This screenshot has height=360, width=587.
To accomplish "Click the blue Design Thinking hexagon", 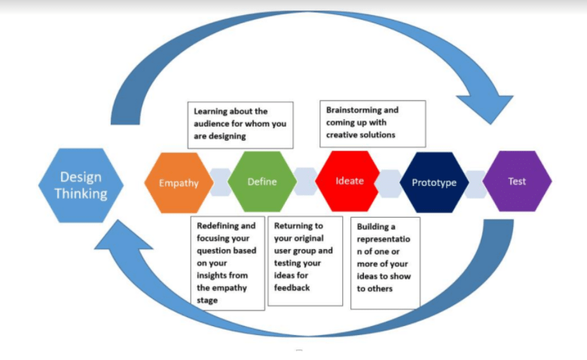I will [x=81, y=185].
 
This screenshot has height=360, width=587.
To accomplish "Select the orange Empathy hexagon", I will [x=179, y=182].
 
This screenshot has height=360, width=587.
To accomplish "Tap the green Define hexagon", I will [x=261, y=182].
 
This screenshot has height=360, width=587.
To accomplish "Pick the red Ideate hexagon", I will [x=348, y=181].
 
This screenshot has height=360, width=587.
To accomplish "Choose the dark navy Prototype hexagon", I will [x=433, y=182].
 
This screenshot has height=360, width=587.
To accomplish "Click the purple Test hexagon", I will [x=517, y=182].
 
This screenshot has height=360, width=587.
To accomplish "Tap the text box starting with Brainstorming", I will [x=372, y=123].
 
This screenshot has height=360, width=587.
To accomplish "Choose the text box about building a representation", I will [x=385, y=263].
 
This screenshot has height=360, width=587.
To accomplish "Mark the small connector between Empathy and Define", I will [x=220, y=182].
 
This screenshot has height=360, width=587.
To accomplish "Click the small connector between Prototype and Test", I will [x=475, y=182].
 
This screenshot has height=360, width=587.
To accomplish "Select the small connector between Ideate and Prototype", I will [x=390, y=182].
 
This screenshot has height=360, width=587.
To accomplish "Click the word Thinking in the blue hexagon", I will [x=81, y=194].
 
